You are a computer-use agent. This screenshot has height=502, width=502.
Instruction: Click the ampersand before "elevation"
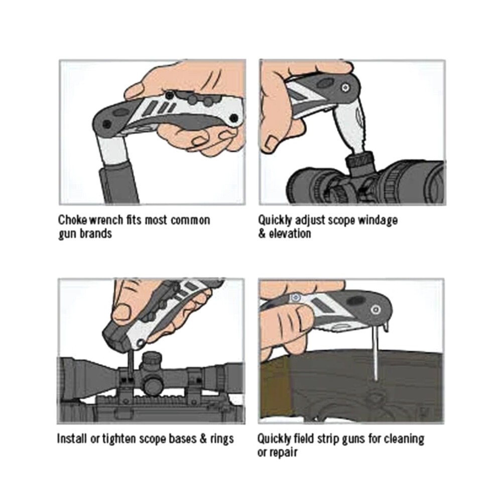(x=263, y=234)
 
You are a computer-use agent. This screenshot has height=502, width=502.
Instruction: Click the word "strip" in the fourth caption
(x=321, y=438)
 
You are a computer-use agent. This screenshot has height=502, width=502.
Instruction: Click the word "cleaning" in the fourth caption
(x=405, y=438)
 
